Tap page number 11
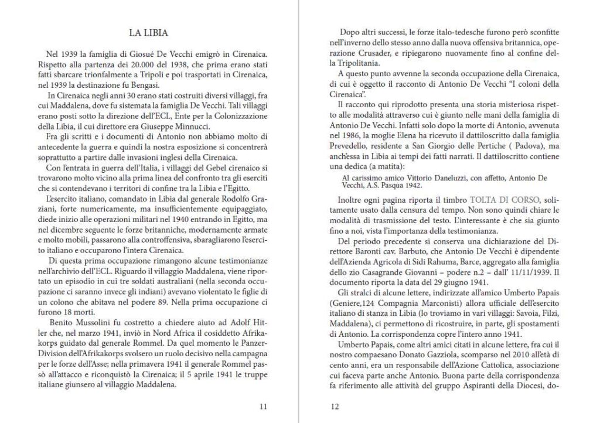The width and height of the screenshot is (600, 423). (263, 406)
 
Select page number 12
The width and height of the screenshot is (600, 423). (335, 406)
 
